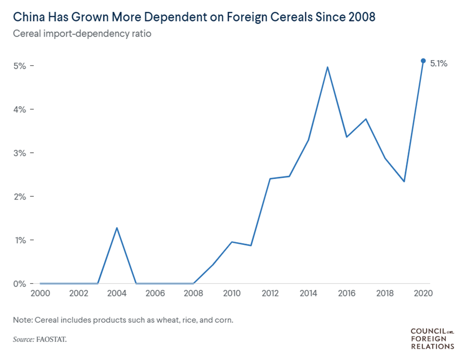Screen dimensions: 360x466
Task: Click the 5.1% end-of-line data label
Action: pos(438,63)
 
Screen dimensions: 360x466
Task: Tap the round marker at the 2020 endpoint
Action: pos(423,61)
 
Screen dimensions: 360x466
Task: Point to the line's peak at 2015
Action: pos(327,67)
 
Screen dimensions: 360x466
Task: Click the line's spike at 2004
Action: pos(117,228)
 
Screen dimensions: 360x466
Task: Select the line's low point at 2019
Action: pos(404,181)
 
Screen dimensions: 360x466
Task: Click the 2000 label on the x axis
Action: pos(40,293)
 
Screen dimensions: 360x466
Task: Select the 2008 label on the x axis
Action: pos(193,293)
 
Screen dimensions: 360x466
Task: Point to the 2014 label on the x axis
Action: pos(308,293)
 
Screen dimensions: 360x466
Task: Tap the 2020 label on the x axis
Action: pos(423,293)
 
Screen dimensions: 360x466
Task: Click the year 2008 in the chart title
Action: pos(360,17)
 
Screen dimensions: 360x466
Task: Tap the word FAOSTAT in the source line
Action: pos(56,339)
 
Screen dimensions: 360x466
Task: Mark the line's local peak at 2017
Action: pos(366,119)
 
